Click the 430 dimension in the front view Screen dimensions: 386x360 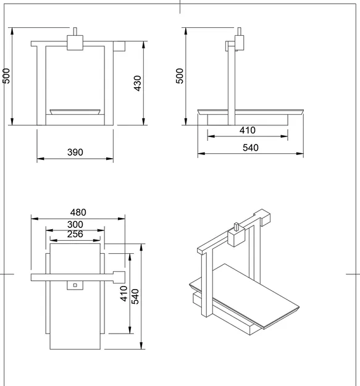pos(138,83)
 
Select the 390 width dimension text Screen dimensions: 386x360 pos(75,152)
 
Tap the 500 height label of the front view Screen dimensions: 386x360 pos(6,75)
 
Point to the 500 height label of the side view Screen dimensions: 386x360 pos(180,75)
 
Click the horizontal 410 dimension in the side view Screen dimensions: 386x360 pos(248,130)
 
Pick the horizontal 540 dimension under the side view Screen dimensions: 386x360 pos(250,148)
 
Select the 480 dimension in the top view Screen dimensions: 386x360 pos(78,212)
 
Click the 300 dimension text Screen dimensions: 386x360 pos(75,224)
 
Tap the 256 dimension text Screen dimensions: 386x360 pos(75,234)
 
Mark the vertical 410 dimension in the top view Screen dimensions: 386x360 pos(123,293)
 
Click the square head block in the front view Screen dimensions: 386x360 pos(75,43)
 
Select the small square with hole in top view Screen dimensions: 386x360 pos(75,285)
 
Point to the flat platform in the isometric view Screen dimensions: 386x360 pos(247,293)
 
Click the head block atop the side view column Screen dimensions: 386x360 pos(239,42)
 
